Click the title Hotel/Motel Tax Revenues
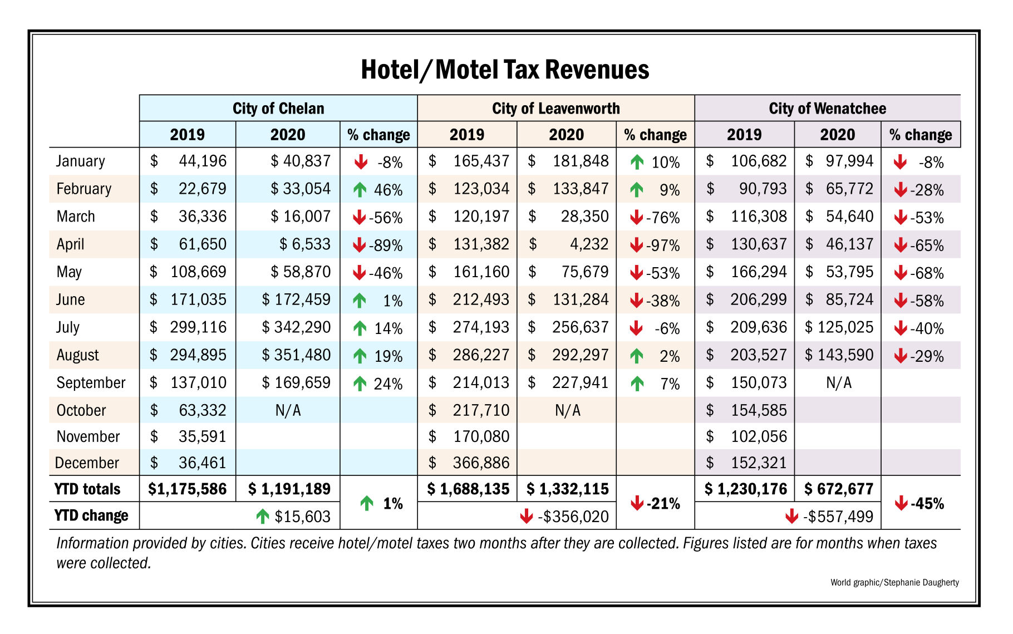[505, 70]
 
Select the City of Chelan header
[278, 108]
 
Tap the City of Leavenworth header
[555, 108]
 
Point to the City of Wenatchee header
[827, 108]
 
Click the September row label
[91, 383]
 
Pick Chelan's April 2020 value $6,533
[304, 244]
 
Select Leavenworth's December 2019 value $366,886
[481, 463]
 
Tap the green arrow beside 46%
[360, 190]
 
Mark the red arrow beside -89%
[360, 245]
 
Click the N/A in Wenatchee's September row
[838, 383]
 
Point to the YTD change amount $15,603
[302, 517]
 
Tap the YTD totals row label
[87, 489]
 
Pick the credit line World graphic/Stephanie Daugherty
[894, 582]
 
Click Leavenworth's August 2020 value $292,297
[580, 355]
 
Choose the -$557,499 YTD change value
[838, 517]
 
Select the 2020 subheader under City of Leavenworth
[566, 135]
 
